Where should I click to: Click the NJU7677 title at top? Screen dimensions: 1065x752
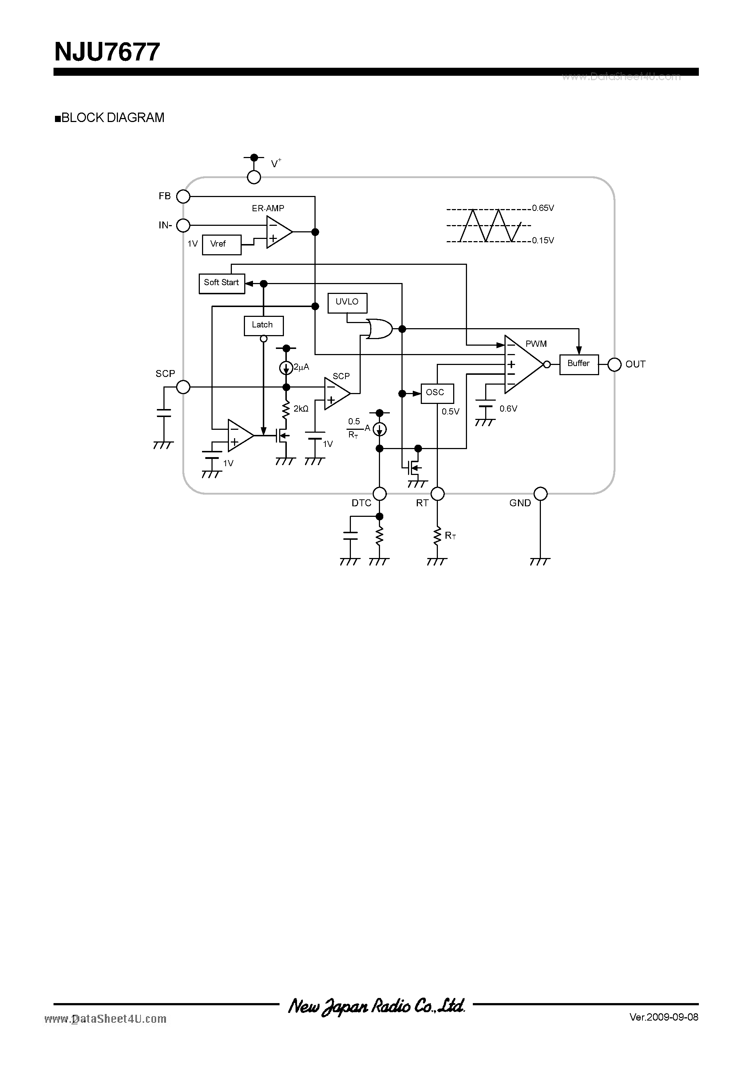click(x=107, y=52)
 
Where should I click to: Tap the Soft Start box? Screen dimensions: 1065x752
click(x=222, y=283)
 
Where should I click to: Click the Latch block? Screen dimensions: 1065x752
click(x=263, y=325)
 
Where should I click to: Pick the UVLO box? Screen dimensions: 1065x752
click(x=347, y=302)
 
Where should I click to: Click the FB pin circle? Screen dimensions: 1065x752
click(x=183, y=197)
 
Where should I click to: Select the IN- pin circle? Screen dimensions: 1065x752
click(x=183, y=225)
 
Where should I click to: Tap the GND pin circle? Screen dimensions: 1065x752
click(x=540, y=494)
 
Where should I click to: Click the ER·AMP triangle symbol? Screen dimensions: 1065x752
click(x=278, y=232)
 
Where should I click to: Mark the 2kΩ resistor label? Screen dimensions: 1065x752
click(x=301, y=409)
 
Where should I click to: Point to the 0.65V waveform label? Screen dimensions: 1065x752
click(x=543, y=208)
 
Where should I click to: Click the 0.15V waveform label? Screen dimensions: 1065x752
click(x=543, y=240)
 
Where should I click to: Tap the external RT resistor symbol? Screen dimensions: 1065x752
click(x=437, y=535)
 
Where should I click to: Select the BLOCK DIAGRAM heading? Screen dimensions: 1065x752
click(x=110, y=118)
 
